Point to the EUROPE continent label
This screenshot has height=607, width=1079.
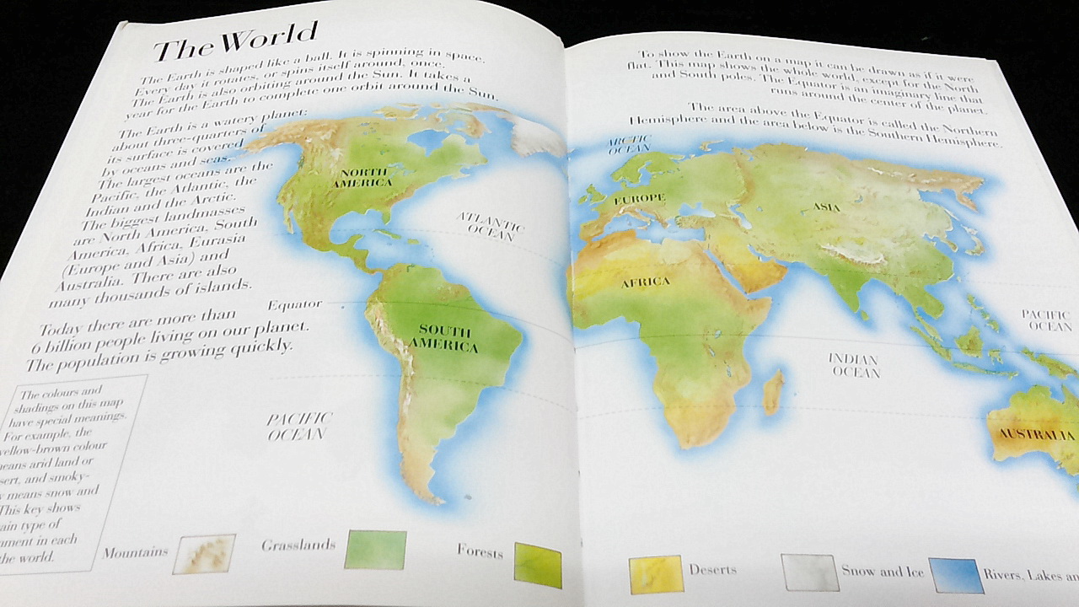(644, 199)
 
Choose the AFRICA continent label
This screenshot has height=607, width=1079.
(646, 282)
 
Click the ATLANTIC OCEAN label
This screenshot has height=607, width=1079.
(490, 226)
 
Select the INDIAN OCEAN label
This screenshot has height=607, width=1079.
(854, 365)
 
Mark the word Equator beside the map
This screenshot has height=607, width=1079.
(296, 303)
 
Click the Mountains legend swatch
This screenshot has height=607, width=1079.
(203, 554)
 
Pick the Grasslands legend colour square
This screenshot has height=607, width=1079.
(376, 550)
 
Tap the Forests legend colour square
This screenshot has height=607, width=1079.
(538, 564)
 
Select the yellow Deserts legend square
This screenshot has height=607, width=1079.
(655, 573)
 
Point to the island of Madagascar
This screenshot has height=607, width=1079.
(773, 392)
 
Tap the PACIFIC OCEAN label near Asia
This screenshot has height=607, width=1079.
(1048, 320)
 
